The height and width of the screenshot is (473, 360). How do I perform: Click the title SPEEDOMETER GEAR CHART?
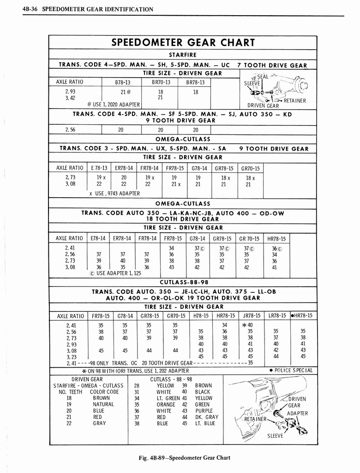183,43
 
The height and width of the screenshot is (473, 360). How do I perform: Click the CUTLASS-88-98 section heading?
184,282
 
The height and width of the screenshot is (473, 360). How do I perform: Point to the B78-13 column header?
122,82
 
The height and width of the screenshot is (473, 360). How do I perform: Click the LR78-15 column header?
277,316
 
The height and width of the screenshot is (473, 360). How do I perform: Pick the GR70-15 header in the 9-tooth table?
250,169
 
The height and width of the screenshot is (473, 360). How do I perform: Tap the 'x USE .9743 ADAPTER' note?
114,194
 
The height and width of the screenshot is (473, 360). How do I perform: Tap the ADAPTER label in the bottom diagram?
297,413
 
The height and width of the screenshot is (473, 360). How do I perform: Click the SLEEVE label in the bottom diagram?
276,436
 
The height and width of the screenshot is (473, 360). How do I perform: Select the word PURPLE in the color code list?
204,411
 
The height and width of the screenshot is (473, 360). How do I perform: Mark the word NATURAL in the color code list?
103,404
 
